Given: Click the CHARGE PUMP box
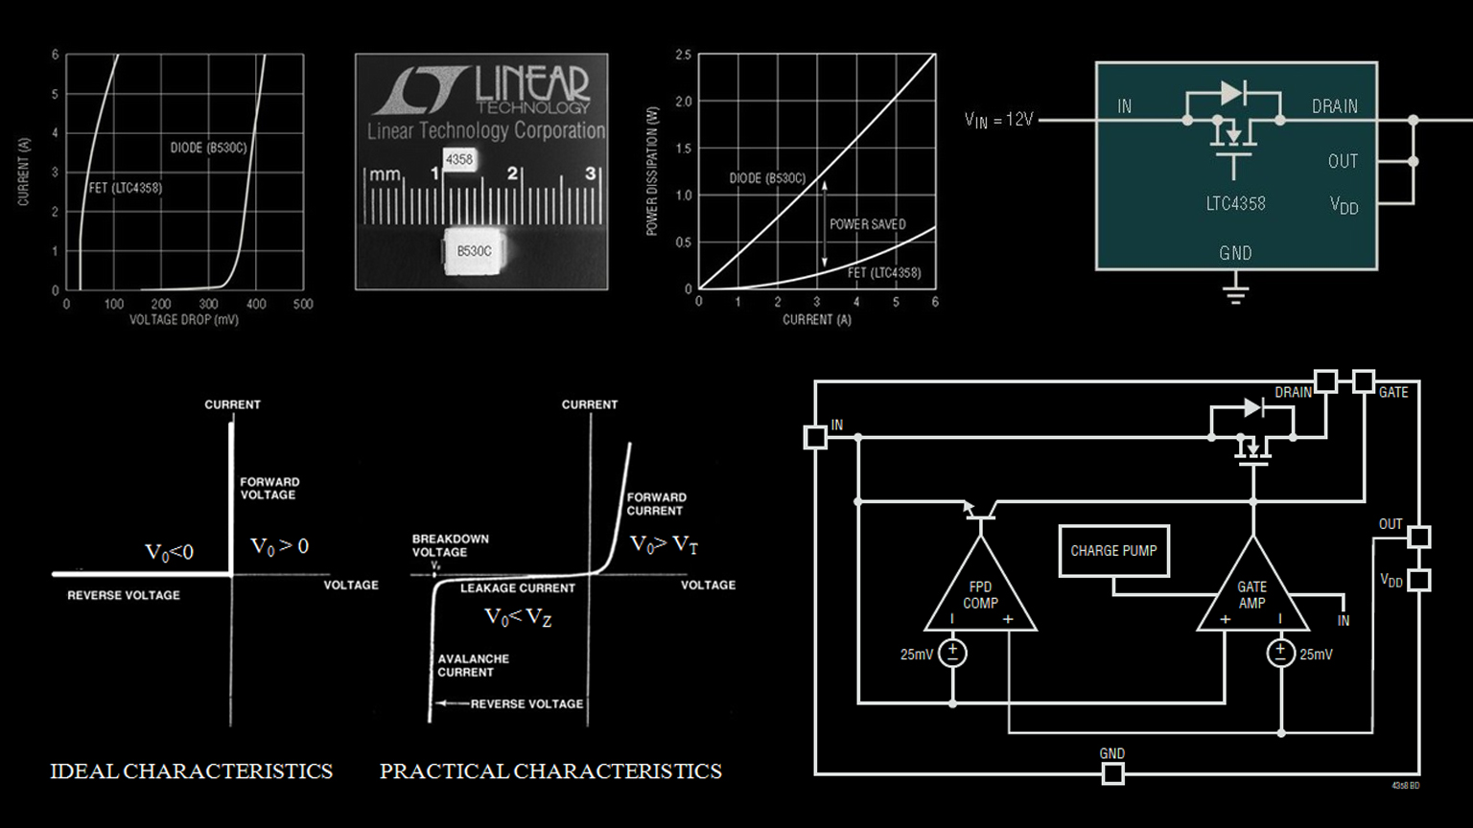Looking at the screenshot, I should (1113, 551).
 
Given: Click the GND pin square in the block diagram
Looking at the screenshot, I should (1112, 773).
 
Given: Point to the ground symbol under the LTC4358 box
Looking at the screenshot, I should (1235, 290).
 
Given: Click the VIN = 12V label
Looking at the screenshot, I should (998, 120).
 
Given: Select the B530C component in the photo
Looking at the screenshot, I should (475, 251).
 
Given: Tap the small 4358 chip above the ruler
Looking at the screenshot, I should (459, 159).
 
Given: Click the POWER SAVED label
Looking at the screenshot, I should (867, 224).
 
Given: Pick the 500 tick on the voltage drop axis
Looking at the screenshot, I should (303, 304).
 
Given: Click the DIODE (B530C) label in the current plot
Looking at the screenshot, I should (208, 148).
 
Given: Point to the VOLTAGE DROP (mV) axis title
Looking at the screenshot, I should (184, 319).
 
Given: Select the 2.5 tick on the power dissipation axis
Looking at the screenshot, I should (683, 56).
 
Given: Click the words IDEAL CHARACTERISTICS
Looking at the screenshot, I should (191, 771).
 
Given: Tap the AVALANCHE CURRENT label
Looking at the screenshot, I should (473, 665).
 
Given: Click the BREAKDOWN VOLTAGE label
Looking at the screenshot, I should (450, 545).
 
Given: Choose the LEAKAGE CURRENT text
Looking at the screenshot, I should (517, 588).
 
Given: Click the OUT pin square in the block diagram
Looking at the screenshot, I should (1419, 537).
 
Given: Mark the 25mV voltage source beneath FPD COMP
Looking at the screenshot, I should (952, 654).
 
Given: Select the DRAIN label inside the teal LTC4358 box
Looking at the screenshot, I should (1334, 106).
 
